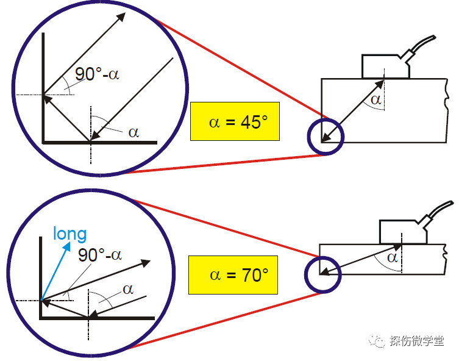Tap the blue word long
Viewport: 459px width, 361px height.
click(69, 233)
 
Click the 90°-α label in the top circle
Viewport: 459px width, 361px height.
click(98, 74)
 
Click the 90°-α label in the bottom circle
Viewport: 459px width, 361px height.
click(100, 254)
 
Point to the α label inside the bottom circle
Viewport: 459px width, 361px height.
click(128, 288)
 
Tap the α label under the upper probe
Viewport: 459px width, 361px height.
click(376, 99)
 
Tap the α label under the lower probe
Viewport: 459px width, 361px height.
click(393, 258)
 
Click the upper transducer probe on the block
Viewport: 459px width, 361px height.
click(385, 66)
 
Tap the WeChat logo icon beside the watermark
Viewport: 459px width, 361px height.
click(379, 341)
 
